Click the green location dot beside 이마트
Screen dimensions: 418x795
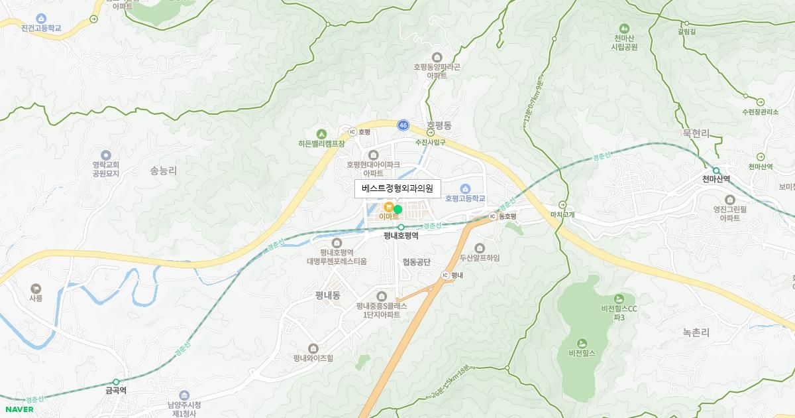[397, 209]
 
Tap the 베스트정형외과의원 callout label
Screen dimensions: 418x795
[397, 188]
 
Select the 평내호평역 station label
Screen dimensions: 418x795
[401, 235]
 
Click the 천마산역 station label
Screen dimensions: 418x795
[716, 178]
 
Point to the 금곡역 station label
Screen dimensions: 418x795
[116, 391]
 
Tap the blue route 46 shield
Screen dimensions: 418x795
[403, 125]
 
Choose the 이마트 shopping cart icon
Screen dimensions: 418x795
[388, 206]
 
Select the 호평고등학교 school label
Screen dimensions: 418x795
[465, 198]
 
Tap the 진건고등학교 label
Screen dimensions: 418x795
[41, 29]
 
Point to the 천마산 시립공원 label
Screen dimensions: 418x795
[624, 42]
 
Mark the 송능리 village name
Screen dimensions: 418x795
[164, 171]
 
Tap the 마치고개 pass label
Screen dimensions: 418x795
[562, 214]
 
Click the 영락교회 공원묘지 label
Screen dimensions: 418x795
[106, 169]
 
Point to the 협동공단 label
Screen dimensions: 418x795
[416, 262]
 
